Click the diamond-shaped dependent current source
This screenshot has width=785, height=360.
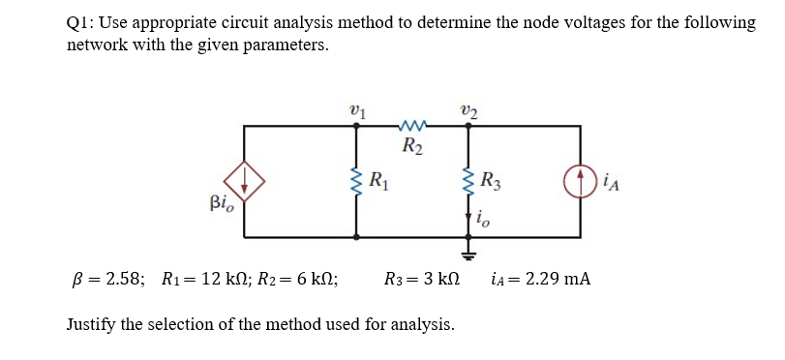pos(244,181)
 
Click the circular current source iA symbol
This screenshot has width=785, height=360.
pos(582,181)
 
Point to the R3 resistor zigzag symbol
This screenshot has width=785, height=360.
pos(468,181)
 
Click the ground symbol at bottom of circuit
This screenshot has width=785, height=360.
pos(468,255)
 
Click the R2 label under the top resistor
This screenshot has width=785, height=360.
pos(411,147)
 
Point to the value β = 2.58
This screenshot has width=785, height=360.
pos(106,280)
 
